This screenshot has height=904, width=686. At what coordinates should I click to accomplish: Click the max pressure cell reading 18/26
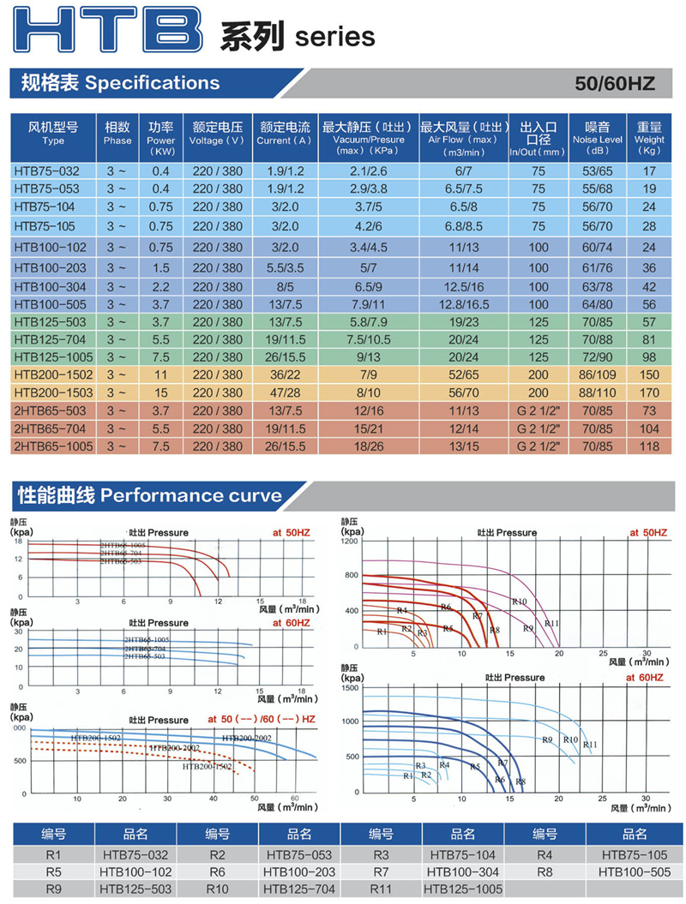coord(369,447)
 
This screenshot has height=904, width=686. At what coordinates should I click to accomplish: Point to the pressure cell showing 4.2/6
coord(369,226)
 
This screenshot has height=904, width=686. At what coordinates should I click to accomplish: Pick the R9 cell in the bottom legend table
coord(54,889)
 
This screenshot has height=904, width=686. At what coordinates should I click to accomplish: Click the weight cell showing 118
coord(649,447)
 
